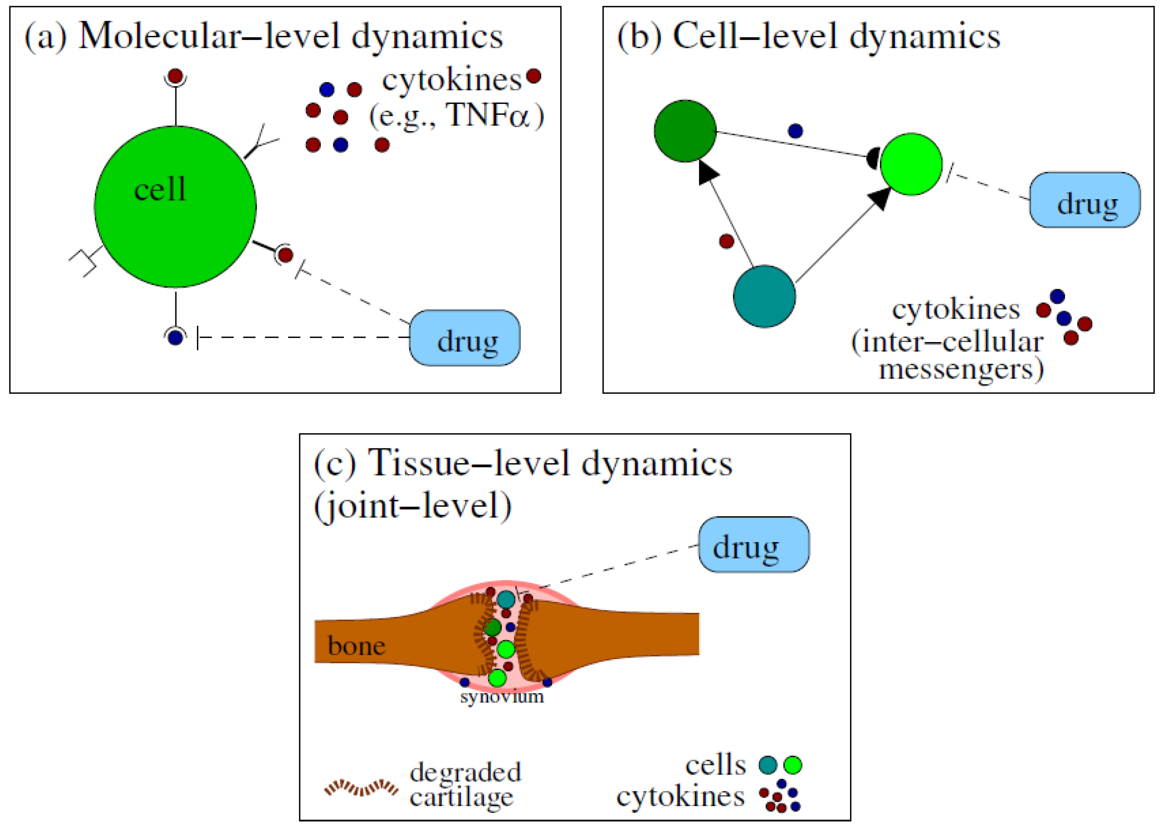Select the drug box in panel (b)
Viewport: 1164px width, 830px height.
[1085, 200]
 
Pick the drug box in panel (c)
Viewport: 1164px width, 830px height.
[754, 544]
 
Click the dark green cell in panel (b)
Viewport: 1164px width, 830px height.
[685, 131]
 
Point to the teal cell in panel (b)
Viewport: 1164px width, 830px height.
[764, 296]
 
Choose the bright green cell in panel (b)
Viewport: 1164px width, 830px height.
[911, 164]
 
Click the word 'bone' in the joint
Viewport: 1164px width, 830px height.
[356, 646]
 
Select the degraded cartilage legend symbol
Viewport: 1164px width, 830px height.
[361, 788]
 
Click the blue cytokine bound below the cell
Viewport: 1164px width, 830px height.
[175, 337]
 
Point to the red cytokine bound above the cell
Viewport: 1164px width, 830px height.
[175, 77]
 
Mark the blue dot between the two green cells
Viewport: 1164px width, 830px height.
[795, 131]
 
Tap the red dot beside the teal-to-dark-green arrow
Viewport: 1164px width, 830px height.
[726, 241]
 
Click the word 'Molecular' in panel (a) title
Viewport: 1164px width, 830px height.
[159, 37]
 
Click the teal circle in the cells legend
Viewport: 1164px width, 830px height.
[768, 765]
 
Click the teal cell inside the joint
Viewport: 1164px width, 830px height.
[506, 599]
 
